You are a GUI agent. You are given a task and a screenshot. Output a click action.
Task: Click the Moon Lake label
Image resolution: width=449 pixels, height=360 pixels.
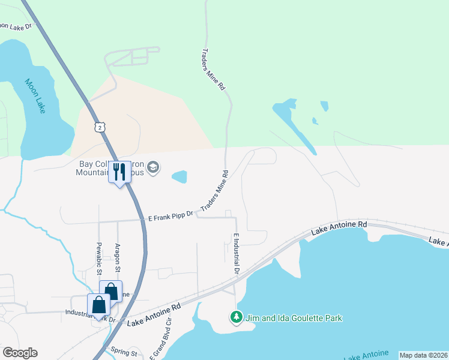point(35,97)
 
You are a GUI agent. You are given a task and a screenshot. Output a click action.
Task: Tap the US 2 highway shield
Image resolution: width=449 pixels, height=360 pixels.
point(100,127)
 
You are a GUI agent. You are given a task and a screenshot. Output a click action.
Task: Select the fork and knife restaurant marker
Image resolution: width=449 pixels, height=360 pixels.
point(119,172)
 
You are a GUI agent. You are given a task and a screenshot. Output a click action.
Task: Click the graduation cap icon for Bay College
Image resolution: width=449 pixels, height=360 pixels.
point(153,167)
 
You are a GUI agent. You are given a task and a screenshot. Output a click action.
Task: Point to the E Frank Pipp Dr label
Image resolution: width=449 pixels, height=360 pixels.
point(171,214)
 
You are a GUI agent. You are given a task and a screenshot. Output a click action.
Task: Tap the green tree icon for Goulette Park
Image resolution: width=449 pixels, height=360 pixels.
point(237,317)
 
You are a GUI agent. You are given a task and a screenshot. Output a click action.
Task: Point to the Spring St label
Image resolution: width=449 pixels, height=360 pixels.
point(125,353)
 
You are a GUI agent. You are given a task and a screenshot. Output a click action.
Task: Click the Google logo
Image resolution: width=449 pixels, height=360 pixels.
point(20,353)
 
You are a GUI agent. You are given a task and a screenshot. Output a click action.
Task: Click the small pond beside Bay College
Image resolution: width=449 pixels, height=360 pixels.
point(179,176)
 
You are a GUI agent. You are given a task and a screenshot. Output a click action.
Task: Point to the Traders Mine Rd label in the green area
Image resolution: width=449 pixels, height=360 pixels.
point(213,70)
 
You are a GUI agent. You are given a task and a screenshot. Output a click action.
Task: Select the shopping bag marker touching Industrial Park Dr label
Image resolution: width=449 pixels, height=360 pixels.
point(98,305)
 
